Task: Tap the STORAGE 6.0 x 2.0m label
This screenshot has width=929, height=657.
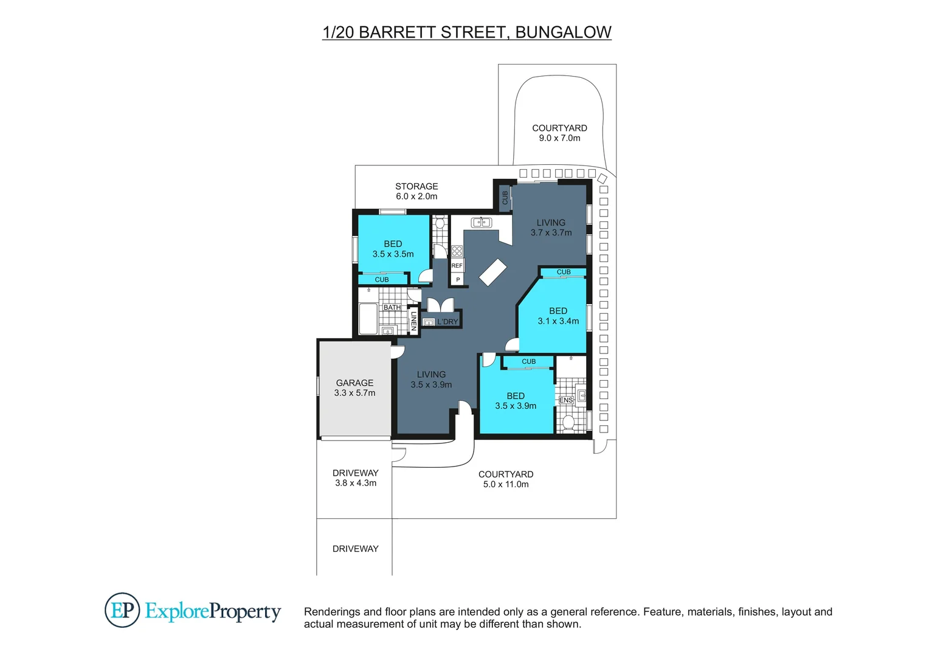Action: point(416,191)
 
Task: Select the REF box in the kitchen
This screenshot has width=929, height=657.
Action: point(457,266)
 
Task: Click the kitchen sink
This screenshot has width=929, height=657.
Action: point(482,222)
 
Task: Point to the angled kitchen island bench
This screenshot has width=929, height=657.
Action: point(492,272)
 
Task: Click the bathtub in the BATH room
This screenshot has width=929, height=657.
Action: point(368,319)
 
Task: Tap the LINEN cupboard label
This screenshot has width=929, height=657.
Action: point(413,321)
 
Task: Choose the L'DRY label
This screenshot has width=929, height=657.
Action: point(447,322)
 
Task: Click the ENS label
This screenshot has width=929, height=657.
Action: point(566,400)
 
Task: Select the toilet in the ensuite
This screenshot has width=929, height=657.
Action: point(568,422)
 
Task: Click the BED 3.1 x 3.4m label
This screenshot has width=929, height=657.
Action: point(558,316)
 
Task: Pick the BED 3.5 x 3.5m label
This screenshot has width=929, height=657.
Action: point(393,249)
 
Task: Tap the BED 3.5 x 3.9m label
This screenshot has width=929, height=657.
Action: point(516,400)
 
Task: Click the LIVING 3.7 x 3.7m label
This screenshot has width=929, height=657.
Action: point(551,228)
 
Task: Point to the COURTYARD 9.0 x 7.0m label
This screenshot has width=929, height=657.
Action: point(559,133)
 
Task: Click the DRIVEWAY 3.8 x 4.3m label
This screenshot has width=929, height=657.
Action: point(356,478)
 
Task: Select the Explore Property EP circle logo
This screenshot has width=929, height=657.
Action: point(122,610)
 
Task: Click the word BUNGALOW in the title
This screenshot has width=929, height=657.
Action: point(563,32)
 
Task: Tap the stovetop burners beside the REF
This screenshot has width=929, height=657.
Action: point(457,251)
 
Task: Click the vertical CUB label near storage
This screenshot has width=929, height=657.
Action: point(505,198)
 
